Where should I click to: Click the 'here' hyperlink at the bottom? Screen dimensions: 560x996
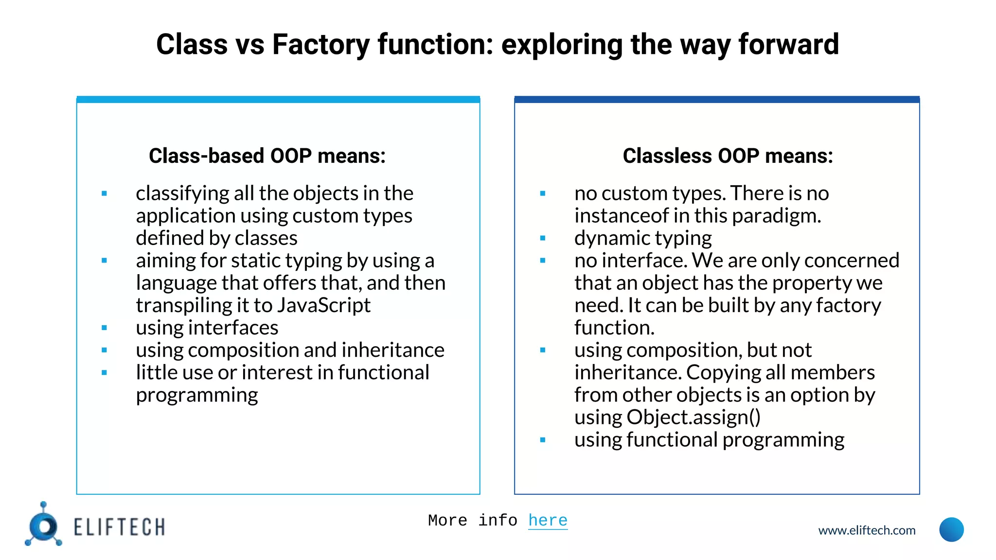pyautogui.click(x=548, y=521)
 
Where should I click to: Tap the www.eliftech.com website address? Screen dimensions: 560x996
pyautogui.click(x=867, y=530)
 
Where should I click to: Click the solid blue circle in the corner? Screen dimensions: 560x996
pyautogui.click(x=951, y=530)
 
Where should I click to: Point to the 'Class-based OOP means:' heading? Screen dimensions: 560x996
pyautogui.click(x=267, y=156)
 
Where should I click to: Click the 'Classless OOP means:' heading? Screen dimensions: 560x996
pyautogui.click(x=728, y=156)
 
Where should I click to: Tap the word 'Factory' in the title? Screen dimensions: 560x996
pyautogui.click(x=321, y=45)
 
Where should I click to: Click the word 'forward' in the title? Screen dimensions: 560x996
pyautogui.click(x=788, y=45)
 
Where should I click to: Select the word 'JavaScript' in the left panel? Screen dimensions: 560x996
pyautogui.click(x=323, y=306)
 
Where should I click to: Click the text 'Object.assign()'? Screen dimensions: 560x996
pyautogui.click(x=694, y=418)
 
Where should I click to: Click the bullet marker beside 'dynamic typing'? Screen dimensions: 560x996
pyautogui.click(x=543, y=238)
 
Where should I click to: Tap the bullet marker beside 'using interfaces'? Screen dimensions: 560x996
pyautogui.click(x=104, y=328)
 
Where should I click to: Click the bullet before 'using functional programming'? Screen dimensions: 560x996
pyautogui.click(x=543, y=440)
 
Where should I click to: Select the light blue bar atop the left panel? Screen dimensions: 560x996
pyautogui.click(x=278, y=100)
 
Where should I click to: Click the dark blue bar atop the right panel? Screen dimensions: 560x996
pyautogui.click(x=717, y=100)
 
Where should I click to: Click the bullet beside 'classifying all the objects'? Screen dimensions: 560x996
pyautogui.click(x=104, y=193)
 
